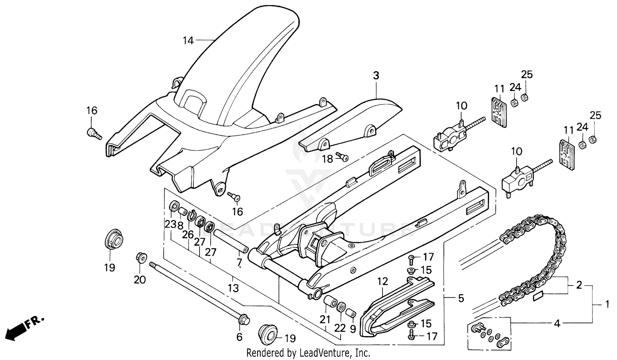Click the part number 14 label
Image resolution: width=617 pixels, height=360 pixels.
[x=188, y=40]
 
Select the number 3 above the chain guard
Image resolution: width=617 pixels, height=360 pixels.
[x=376, y=76]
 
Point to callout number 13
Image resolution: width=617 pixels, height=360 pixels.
[x=233, y=288]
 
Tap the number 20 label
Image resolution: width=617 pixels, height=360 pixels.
[x=140, y=279]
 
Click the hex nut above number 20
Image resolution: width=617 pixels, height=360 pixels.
[x=139, y=258]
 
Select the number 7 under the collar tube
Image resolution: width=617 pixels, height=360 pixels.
[x=239, y=262]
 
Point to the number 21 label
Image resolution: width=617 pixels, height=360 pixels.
[x=325, y=319]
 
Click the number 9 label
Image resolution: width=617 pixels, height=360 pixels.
[x=353, y=329]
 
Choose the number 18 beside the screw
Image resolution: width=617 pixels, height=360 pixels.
[x=327, y=159]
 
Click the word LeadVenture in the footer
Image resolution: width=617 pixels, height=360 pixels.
[x=327, y=353]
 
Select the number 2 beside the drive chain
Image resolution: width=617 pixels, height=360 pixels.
[x=579, y=285]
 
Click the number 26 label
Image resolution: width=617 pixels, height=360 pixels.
[x=188, y=235]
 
